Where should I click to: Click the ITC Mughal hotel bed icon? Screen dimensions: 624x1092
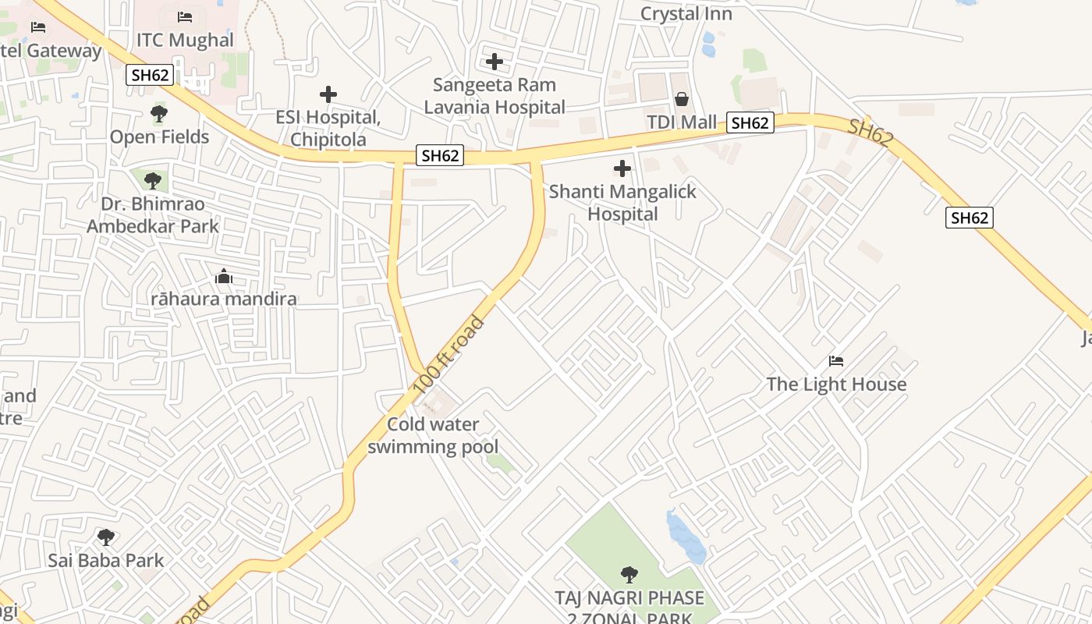pyautogui.click(x=185, y=16)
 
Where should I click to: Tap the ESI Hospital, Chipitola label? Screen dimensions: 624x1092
pyautogui.click(x=328, y=129)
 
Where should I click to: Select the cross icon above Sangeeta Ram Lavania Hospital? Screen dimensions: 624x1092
pyautogui.click(x=494, y=61)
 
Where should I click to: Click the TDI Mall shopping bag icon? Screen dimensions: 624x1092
pyautogui.click(x=682, y=99)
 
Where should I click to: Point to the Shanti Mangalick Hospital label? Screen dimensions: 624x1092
pyautogui.click(x=622, y=202)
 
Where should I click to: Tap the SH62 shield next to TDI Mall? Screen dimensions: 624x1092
pyautogui.click(x=750, y=122)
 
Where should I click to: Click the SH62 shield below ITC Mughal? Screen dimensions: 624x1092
pyautogui.click(x=150, y=75)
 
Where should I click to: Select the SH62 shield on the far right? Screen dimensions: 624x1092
pyautogui.click(x=970, y=218)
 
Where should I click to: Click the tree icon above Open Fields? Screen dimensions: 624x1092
pyautogui.click(x=159, y=114)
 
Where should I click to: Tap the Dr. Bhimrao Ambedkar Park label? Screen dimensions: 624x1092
pyautogui.click(x=153, y=215)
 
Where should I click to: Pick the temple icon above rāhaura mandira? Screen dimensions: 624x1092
pyautogui.click(x=224, y=276)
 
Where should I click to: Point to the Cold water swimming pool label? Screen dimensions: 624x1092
pyautogui.click(x=433, y=435)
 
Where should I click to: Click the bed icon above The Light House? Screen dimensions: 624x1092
pyautogui.click(x=836, y=360)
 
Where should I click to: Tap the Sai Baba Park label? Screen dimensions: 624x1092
pyautogui.click(x=106, y=560)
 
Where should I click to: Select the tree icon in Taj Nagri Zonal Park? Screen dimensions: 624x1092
pyautogui.click(x=629, y=575)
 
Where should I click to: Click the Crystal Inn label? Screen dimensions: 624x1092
pyautogui.click(x=686, y=13)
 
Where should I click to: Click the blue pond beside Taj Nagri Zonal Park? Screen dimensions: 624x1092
pyautogui.click(x=686, y=537)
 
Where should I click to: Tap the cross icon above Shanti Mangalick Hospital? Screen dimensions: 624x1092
pyautogui.click(x=622, y=168)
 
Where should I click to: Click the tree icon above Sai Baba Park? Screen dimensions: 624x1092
pyautogui.click(x=106, y=537)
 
